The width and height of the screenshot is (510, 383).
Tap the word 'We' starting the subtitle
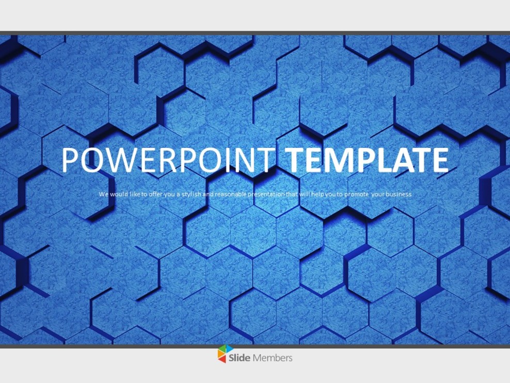tap(103, 194)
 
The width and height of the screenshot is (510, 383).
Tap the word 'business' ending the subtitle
tap(400, 194)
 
